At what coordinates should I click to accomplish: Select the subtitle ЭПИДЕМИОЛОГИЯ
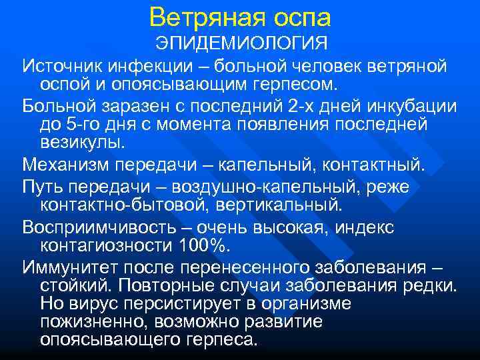[x=242, y=43]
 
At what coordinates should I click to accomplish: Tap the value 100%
[x=203, y=245]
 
